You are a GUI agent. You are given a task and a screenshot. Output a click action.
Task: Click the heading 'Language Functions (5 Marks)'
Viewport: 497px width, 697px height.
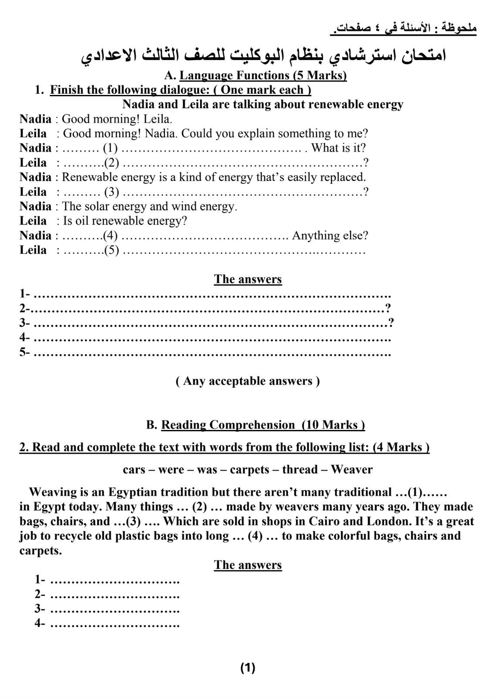click(263, 75)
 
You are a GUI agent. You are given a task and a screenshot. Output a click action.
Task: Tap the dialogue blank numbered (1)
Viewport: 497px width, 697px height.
click(110, 148)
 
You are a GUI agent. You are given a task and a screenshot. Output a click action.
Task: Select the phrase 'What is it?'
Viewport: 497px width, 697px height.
click(338, 148)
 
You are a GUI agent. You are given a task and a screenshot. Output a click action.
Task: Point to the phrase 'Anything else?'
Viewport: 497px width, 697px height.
click(330, 236)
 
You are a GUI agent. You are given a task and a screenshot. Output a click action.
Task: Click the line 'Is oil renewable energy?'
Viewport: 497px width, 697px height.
click(125, 221)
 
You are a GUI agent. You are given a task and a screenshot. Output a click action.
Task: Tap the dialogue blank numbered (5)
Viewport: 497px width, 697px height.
click(111, 250)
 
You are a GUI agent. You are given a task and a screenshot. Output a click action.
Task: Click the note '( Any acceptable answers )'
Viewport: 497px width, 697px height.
click(248, 381)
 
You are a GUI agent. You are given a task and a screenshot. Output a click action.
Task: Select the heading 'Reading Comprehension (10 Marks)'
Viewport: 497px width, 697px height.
click(263, 425)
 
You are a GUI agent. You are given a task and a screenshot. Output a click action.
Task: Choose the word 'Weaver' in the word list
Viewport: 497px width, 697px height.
click(351, 470)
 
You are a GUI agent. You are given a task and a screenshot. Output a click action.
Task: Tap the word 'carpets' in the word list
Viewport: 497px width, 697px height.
click(249, 470)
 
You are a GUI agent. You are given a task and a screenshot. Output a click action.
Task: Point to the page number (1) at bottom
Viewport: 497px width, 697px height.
click(248, 668)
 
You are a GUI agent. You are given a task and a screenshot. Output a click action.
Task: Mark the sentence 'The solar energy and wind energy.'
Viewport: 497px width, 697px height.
click(150, 206)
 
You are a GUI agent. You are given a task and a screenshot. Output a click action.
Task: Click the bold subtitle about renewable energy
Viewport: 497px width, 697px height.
click(262, 105)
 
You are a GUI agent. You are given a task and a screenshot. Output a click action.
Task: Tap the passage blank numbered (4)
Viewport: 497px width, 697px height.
click(255, 536)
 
